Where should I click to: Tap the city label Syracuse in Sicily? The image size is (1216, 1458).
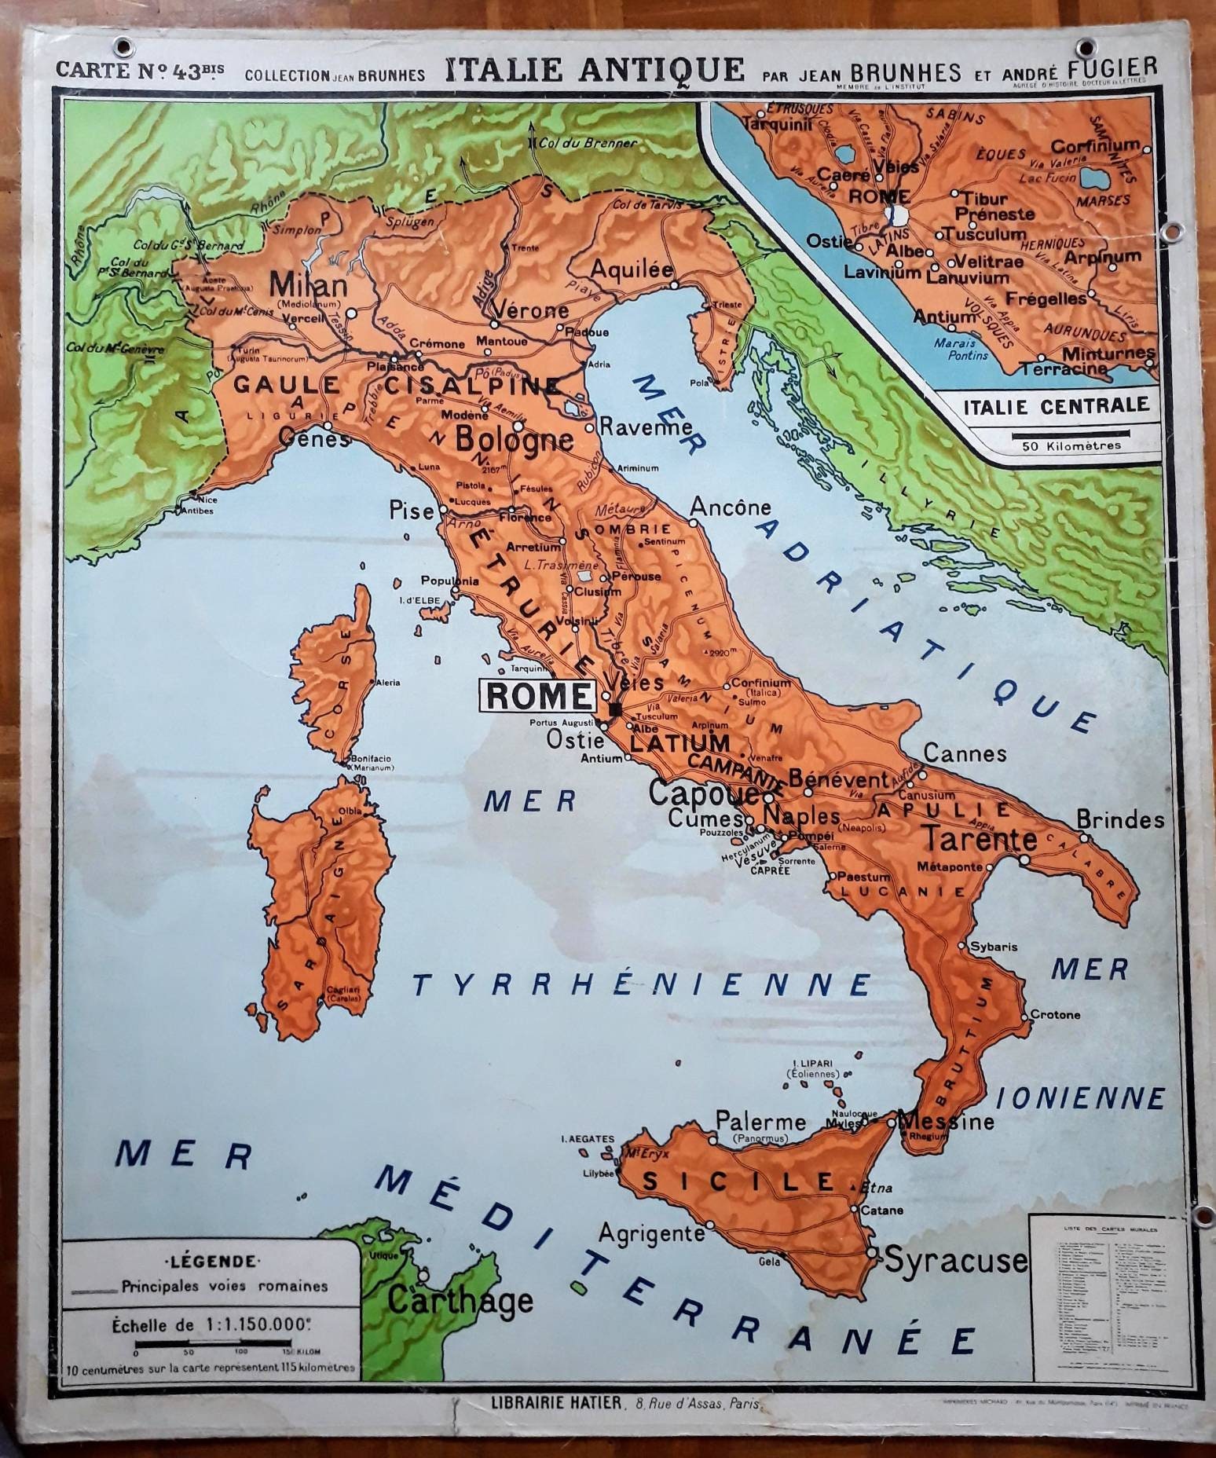click(956, 1260)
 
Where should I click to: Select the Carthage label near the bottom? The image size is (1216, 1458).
click(460, 1302)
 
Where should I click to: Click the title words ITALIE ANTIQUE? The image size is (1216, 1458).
click(595, 71)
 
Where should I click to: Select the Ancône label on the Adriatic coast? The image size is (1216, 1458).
click(731, 507)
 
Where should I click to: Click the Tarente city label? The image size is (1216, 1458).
click(979, 839)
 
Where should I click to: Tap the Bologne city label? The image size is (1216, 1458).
click(515, 437)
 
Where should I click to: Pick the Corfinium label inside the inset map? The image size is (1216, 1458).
click(1094, 145)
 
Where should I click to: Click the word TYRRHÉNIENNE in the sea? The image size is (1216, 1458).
click(642, 984)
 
